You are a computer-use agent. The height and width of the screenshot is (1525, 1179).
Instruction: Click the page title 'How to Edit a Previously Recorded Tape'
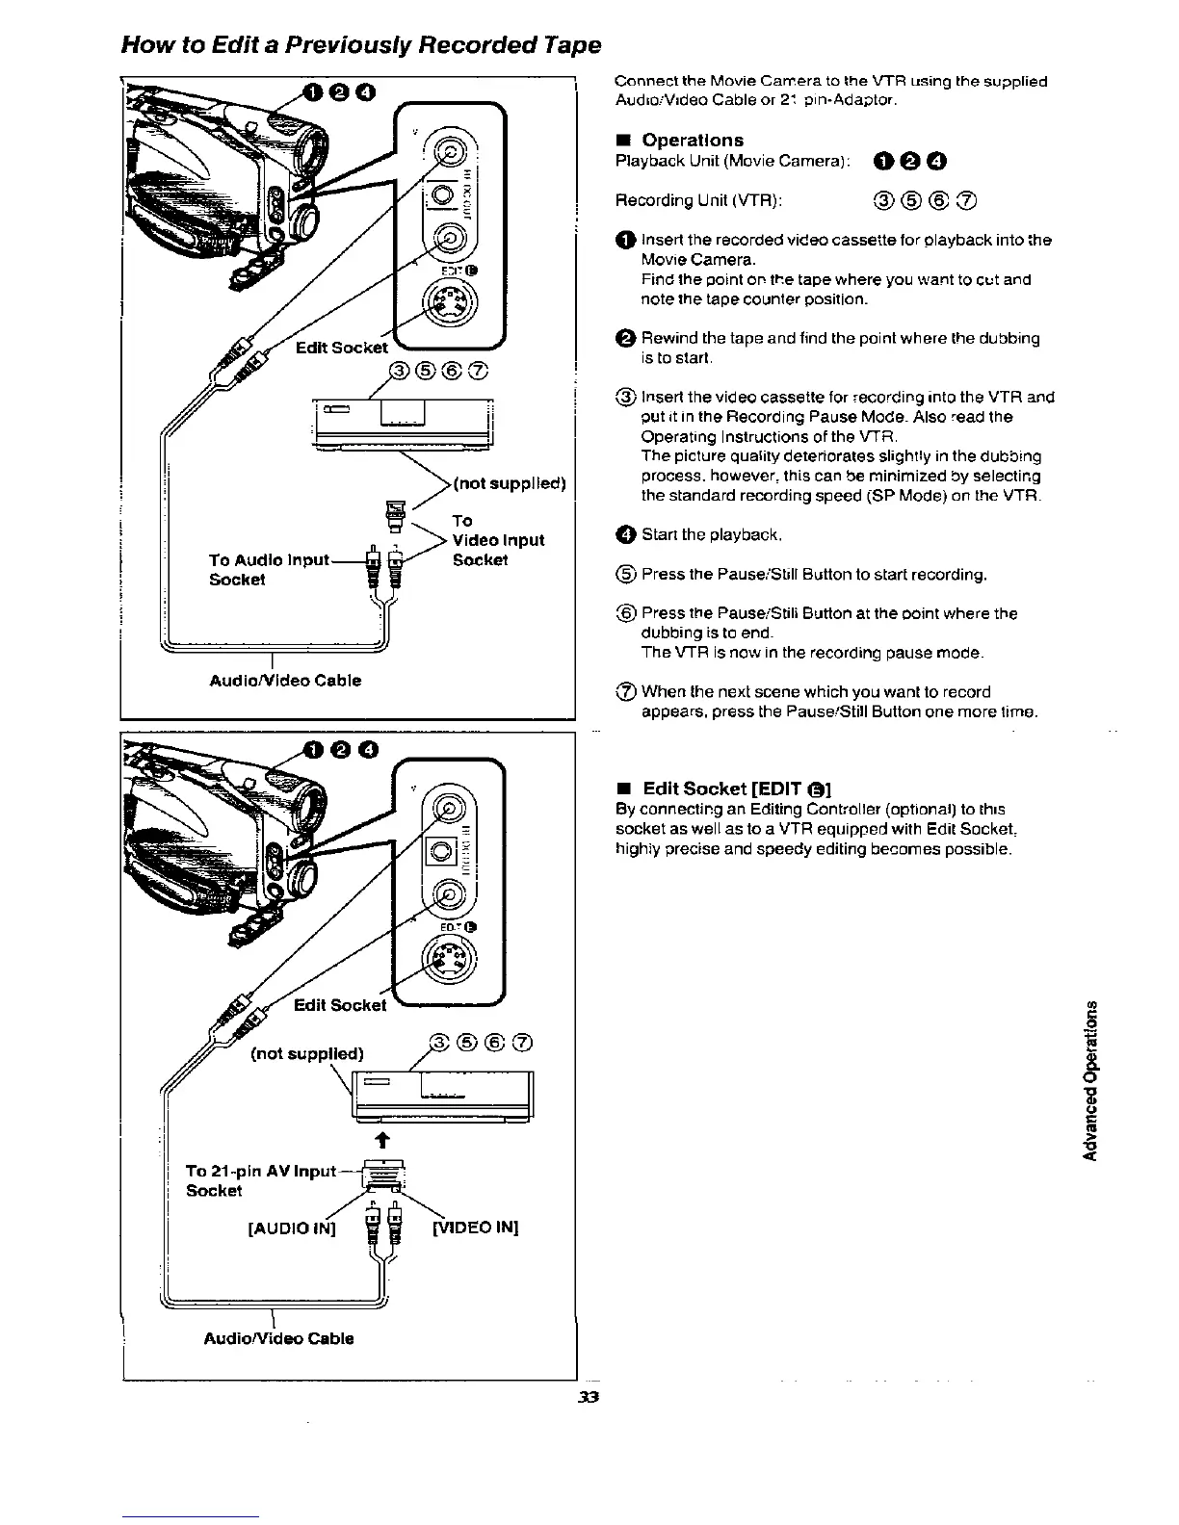(x=361, y=44)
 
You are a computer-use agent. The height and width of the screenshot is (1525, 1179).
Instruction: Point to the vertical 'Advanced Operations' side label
(x=1091, y=1078)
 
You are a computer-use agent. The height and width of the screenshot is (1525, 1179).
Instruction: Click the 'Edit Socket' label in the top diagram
(x=340, y=347)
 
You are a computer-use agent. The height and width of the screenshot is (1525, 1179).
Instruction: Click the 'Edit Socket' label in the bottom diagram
(x=339, y=1005)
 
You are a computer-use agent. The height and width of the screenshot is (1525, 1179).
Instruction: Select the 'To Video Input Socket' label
(x=497, y=540)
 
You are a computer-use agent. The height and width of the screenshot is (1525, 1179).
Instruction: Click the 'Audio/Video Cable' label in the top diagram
(x=285, y=681)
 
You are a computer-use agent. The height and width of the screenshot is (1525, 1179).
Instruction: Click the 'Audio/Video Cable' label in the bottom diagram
(x=278, y=1338)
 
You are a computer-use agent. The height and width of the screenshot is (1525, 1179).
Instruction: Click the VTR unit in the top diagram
(x=402, y=423)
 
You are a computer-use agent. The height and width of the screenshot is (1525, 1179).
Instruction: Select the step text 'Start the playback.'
(x=711, y=534)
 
